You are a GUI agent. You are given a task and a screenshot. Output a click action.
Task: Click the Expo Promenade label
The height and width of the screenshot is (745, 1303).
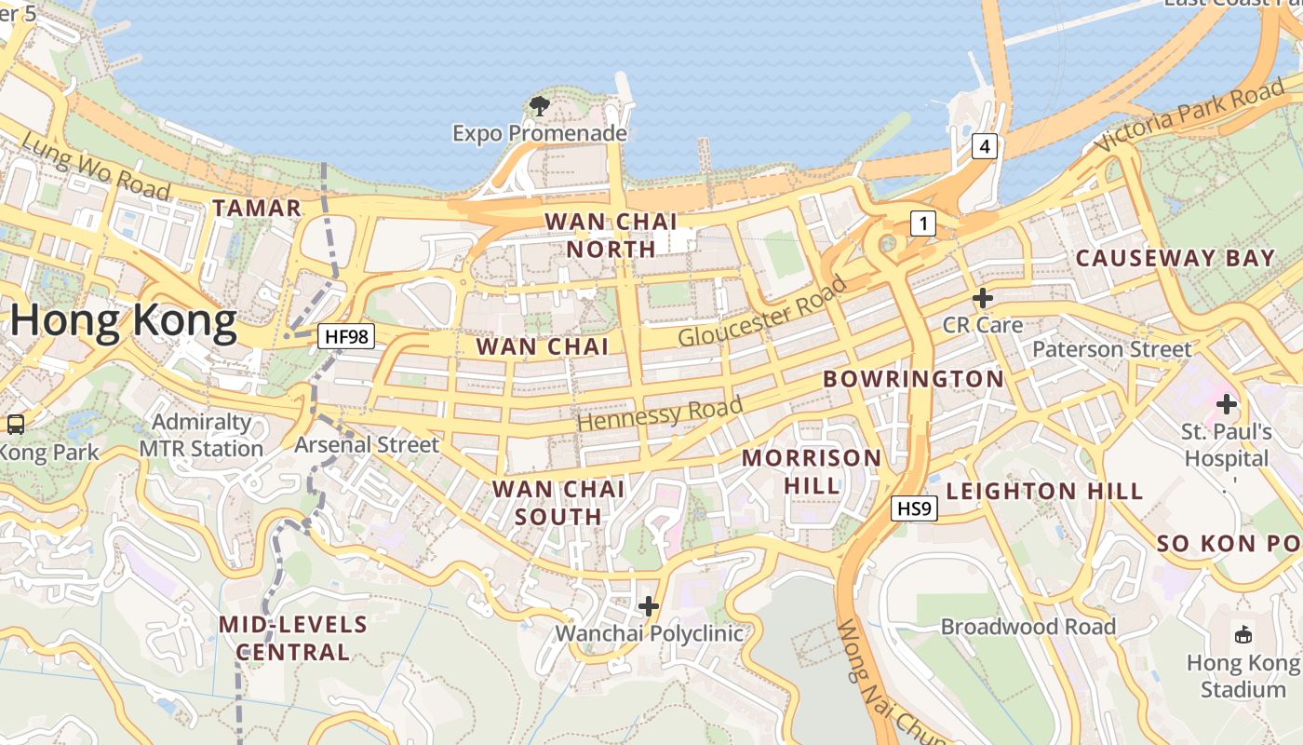click(x=540, y=134)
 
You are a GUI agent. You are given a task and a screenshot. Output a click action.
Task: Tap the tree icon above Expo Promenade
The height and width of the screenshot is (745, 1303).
click(x=539, y=106)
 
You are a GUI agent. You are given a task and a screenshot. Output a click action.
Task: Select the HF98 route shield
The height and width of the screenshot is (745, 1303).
click(x=346, y=336)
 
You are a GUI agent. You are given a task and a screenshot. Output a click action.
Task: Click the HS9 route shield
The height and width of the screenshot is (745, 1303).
click(x=914, y=508)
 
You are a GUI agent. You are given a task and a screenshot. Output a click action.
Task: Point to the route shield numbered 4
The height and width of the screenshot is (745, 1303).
click(x=985, y=146)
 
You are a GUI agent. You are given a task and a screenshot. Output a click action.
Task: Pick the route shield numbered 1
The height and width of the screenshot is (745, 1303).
click(x=922, y=223)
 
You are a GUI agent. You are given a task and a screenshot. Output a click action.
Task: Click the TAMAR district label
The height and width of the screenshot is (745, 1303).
click(x=257, y=209)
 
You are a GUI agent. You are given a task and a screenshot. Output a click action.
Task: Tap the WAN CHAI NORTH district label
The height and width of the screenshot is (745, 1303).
click(x=611, y=236)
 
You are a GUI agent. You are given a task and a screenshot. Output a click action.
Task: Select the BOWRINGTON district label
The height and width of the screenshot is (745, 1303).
click(x=914, y=379)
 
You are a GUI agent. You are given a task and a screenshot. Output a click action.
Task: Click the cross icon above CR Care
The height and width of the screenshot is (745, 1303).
click(x=982, y=298)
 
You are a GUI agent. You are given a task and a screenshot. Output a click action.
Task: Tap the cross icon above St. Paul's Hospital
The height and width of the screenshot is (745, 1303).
click(x=1227, y=404)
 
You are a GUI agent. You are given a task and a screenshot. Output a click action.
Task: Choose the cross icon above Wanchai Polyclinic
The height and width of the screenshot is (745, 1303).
click(x=649, y=607)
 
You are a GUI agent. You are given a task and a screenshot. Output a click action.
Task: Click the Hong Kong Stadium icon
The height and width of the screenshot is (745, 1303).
click(x=1243, y=635)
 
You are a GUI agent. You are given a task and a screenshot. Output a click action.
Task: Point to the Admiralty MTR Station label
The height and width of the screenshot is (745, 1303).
click(x=201, y=435)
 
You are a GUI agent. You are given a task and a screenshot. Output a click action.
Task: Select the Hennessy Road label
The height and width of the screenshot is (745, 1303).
click(x=660, y=413)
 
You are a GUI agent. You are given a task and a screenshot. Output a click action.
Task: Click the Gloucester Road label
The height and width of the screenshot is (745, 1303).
click(x=762, y=312)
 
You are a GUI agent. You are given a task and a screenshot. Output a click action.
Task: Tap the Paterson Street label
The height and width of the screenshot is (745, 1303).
click(x=1112, y=349)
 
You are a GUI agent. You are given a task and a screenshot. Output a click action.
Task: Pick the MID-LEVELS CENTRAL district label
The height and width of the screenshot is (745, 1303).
click(x=293, y=638)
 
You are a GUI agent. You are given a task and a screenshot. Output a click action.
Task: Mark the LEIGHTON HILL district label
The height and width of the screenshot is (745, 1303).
click(x=1044, y=492)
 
